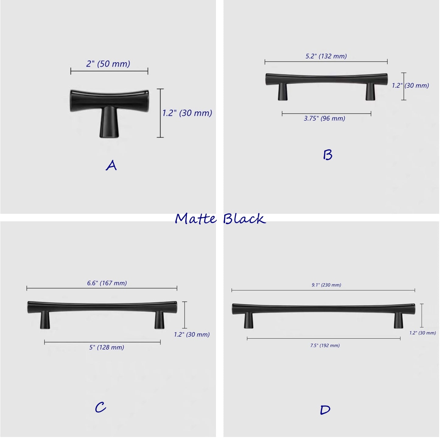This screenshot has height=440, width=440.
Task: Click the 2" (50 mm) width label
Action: tap(108, 64)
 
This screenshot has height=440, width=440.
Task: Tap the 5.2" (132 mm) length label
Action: tap(326, 56)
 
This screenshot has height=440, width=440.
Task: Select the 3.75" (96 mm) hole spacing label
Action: tap(324, 118)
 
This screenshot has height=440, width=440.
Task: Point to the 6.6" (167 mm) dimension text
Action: tap(107, 283)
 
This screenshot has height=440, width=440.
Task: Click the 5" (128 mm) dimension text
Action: tap(107, 347)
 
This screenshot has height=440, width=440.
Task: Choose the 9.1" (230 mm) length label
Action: tap(326, 285)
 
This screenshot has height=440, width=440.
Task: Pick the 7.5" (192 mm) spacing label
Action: tap(325, 346)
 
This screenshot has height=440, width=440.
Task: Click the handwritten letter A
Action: tap(111, 165)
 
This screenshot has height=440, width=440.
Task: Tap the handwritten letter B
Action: tap(327, 155)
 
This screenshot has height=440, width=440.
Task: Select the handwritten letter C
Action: tap(100, 407)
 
